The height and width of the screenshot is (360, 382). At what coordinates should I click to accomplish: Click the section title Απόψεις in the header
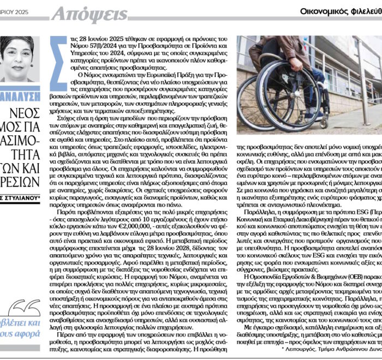click(x=89, y=13)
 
